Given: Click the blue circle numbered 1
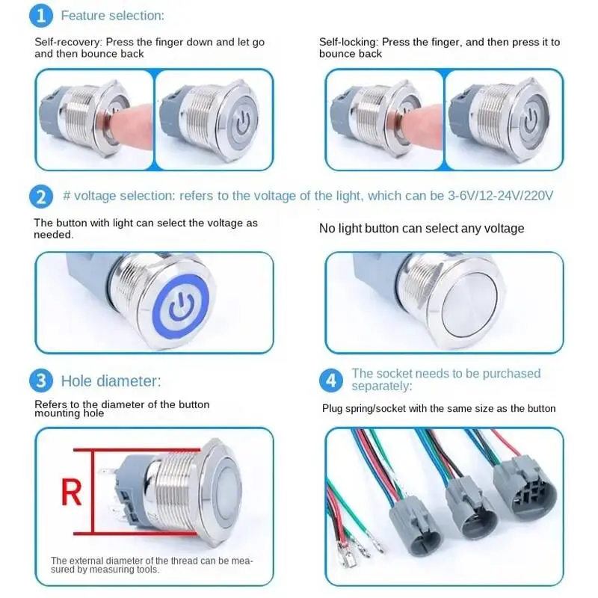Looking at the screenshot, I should point(44,14).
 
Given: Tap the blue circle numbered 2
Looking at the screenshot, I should point(41,197).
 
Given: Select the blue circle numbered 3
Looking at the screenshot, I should point(41,380).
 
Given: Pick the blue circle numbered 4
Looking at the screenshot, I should point(331,380).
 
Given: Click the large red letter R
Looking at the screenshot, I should point(71,493).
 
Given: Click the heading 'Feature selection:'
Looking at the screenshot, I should point(113,15).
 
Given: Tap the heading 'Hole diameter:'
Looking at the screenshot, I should point(111,381).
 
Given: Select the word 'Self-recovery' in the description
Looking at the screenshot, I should point(68,43).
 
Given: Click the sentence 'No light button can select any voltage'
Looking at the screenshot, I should point(422,228).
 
